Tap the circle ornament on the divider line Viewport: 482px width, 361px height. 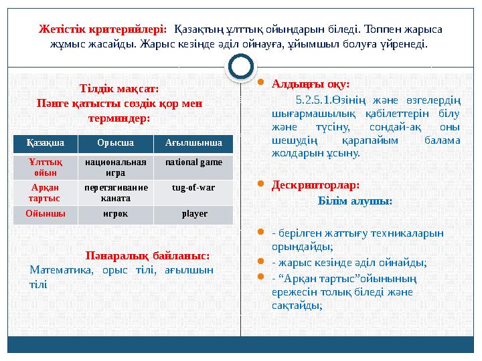[x=241, y=66]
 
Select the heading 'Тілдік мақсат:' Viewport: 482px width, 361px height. [x=119, y=88]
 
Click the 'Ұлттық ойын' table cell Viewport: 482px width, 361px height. [x=44, y=167]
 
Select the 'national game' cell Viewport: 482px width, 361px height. [x=193, y=162]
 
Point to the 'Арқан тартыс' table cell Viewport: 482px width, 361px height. [x=44, y=193]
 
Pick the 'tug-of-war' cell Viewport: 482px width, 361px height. [x=193, y=189]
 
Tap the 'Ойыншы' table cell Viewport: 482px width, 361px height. [x=44, y=215]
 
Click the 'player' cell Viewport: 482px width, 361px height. [x=193, y=215]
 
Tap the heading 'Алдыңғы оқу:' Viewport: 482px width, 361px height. [x=311, y=85]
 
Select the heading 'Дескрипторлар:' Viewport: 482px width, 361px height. [x=315, y=184]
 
